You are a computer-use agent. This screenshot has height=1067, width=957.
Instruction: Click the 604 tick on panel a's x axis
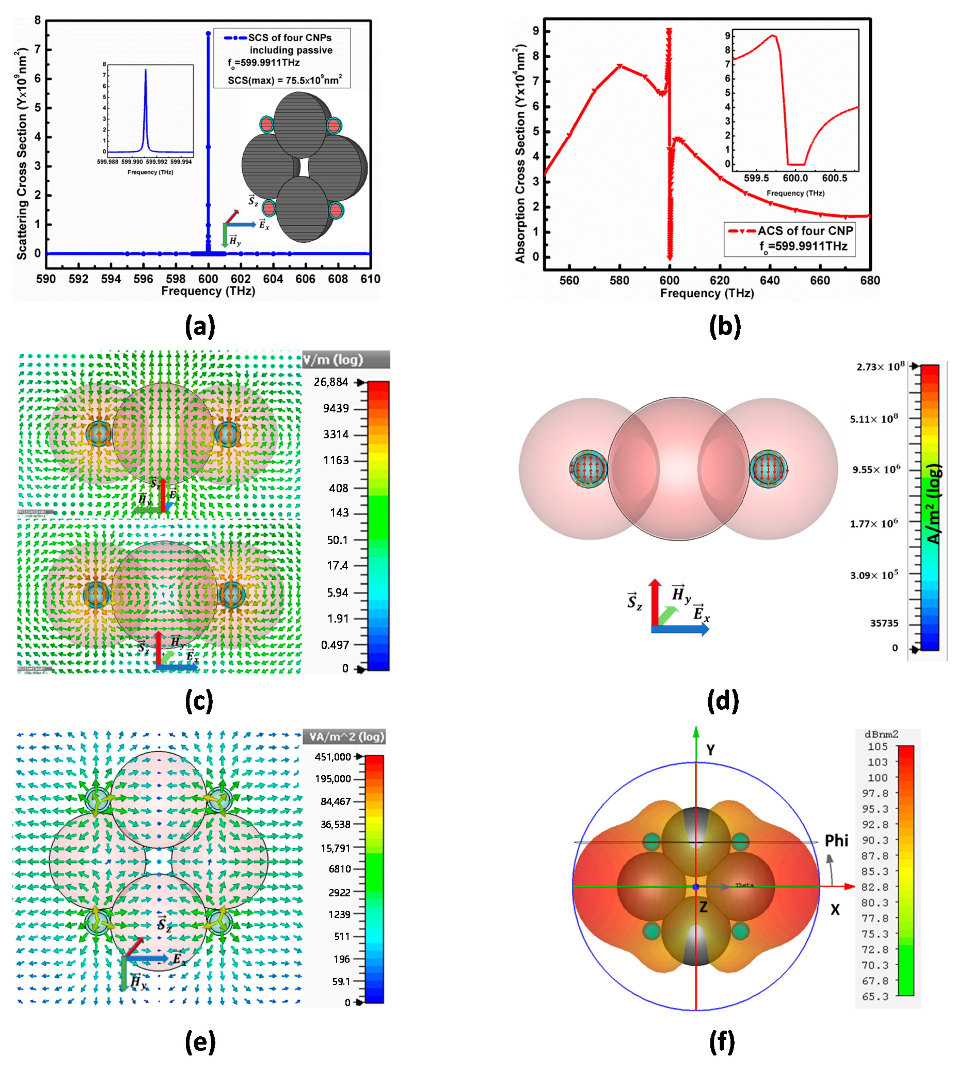coord(273,279)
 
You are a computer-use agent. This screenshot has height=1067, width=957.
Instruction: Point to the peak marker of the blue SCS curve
coord(208,33)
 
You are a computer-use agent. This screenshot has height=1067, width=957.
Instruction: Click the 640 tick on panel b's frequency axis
coord(770,280)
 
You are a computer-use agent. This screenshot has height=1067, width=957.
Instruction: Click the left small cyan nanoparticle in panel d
coord(588,468)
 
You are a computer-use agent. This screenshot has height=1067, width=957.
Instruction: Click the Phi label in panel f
coord(836,840)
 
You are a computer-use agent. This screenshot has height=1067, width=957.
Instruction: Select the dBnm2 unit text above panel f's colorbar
coord(881,734)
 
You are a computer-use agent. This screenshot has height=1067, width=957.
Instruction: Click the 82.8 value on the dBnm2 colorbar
coord(875,887)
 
